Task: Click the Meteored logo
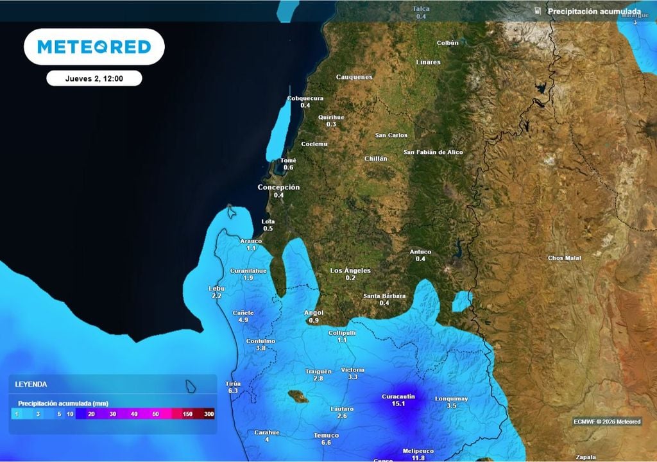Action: pos(94,47)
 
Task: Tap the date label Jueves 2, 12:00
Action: pos(94,78)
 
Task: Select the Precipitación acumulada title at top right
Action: pos(593,12)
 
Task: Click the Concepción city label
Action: pos(278,187)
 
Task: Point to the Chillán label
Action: pos(376,158)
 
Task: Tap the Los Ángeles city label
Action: pos(350,271)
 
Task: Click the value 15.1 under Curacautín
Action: pos(399,404)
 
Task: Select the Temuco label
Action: pos(326,435)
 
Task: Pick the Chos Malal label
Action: pos(565,258)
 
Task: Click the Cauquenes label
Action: pos(354,77)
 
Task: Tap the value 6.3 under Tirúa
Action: pos(233,390)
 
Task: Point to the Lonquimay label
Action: pos(452,398)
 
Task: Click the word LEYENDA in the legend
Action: pos(31,384)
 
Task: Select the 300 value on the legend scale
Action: pos(209,415)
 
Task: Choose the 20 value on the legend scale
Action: pos(92,415)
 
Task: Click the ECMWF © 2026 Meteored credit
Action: pos(607,422)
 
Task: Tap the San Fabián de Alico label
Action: pos(433,152)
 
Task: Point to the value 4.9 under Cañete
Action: pos(243,320)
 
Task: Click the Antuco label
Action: pos(420,252)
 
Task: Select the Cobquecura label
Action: pos(305,98)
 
